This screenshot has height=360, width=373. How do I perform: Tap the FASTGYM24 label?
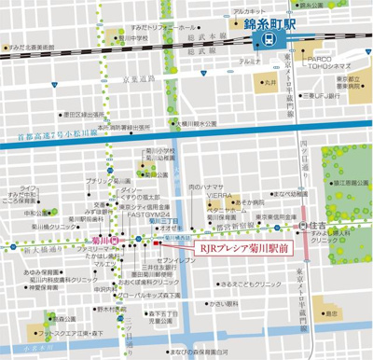[154, 212]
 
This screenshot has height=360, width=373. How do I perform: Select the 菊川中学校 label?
[134, 39]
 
